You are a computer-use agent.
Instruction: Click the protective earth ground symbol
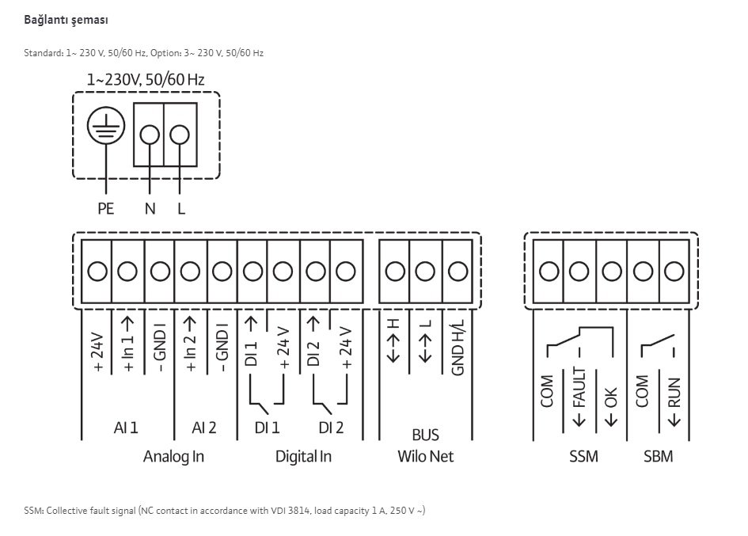[x=106, y=126]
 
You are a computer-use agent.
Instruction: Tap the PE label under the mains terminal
[x=106, y=208]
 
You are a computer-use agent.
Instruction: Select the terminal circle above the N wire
[x=150, y=135]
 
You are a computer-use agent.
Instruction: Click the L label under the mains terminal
[x=180, y=208]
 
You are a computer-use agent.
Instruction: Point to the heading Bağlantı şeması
[x=66, y=20]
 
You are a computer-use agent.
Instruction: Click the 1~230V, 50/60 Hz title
[x=146, y=79]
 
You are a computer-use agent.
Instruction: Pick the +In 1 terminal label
[x=128, y=344]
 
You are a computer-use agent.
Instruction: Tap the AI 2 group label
[x=203, y=428]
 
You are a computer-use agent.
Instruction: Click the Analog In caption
[x=173, y=456]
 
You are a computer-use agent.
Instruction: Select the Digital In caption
[x=303, y=456]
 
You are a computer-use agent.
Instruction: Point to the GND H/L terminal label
[x=458, y=347]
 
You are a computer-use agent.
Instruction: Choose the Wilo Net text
[x=426, y=456]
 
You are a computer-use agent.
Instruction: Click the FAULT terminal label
[x=579, y=396]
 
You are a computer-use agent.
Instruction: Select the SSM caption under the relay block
[x=583, y=456]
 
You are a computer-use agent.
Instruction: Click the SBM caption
[x=659, y=456]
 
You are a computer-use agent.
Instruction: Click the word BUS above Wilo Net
[x=426, y=435]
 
